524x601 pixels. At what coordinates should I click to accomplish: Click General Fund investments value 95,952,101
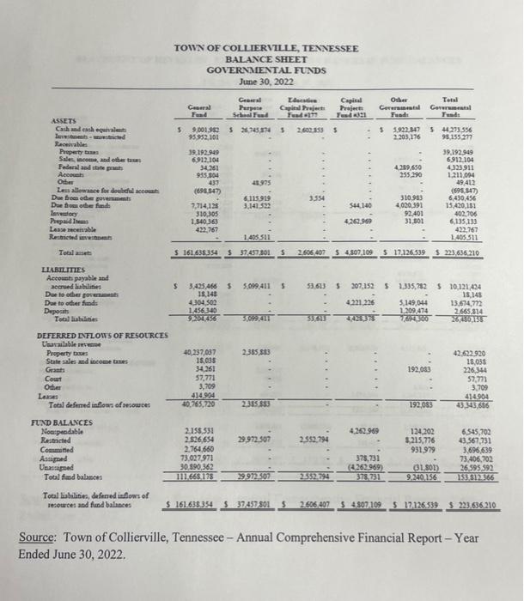[199, 137]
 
